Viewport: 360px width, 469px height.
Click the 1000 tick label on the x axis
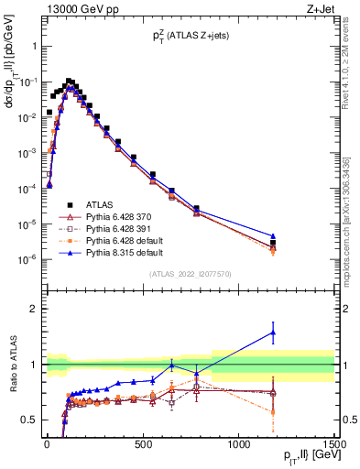pos(239,445)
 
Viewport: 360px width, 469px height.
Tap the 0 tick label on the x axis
pos(47,445)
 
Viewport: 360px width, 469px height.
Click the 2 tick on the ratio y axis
pos(33,309)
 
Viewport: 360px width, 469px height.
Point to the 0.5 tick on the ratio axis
pos(29,420)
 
